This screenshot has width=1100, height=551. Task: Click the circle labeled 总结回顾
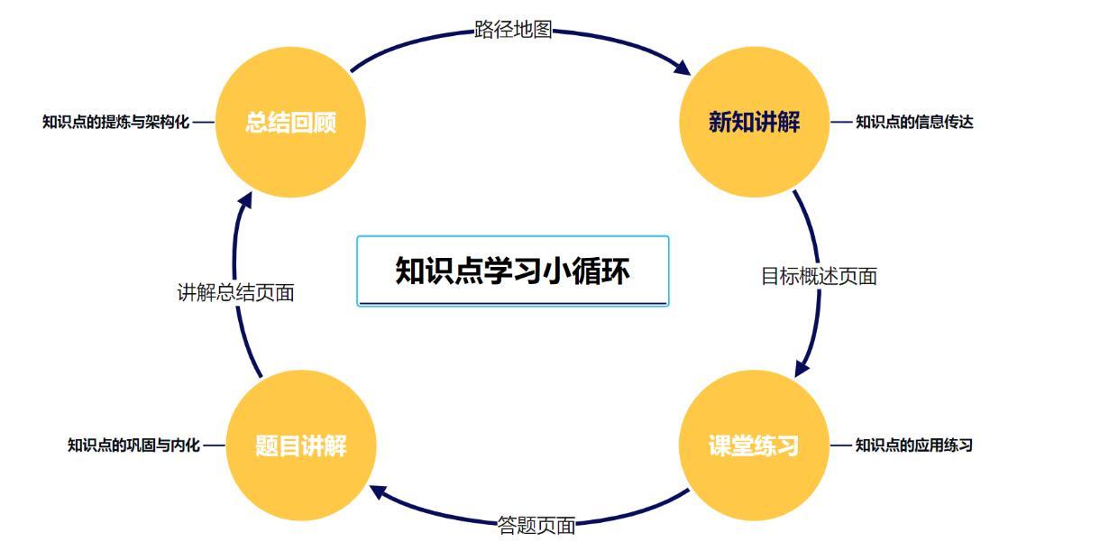pos(290,122)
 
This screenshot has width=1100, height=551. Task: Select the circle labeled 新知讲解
pos(755,122)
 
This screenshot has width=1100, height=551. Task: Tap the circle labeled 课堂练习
pos(755,445)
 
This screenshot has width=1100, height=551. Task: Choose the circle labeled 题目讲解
pos(301,445)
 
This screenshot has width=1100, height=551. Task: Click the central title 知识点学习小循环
pos(513,271)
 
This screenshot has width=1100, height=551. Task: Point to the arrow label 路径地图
pos(513,30)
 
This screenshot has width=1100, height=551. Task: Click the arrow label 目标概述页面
pos(819,276)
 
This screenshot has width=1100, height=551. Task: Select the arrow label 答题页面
pos(536,526)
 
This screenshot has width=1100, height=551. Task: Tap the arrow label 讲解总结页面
pos(235,293)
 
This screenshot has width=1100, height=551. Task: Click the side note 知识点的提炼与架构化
pos(116,122)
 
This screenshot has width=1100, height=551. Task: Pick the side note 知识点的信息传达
pos(914,122)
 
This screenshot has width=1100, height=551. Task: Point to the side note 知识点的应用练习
pos(914,445)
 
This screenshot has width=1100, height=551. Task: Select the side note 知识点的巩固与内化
pos(133,445)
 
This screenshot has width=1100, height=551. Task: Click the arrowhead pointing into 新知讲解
pos(683,69)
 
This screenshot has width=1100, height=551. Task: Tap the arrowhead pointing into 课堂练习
pos(802,368)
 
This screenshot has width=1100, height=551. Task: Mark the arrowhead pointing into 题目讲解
pos(378,491)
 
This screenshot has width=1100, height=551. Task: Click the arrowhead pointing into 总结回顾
pos(244,200)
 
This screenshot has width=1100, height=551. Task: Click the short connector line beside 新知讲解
pos(841,122)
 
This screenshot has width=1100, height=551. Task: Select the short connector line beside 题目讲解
pos(214,445)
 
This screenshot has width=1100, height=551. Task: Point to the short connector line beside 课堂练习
pos(840,445)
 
